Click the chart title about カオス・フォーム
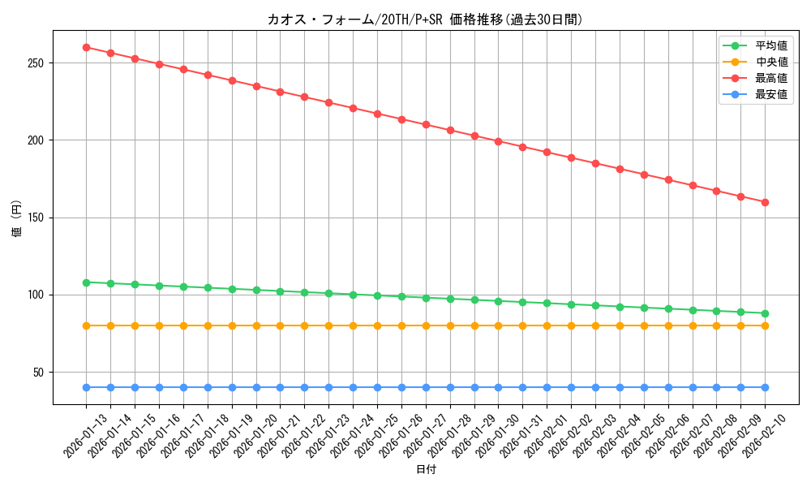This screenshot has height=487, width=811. (x=425, y=19)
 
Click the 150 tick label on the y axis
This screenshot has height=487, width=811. (x=37, y=218)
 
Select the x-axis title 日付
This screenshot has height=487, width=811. (x=425, y=470)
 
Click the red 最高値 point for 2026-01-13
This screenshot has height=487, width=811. (x=86, y=47)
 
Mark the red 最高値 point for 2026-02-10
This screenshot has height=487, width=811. (x=765, y=202)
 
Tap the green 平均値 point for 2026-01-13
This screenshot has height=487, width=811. (x=86, y=282)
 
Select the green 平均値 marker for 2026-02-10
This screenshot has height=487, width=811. (x=765, y=313)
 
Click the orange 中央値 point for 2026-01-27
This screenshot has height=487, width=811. (x=426, y=325)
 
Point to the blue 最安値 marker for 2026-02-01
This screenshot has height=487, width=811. (x=547, y=387)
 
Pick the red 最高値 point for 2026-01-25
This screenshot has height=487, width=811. (x=377, y=114)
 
